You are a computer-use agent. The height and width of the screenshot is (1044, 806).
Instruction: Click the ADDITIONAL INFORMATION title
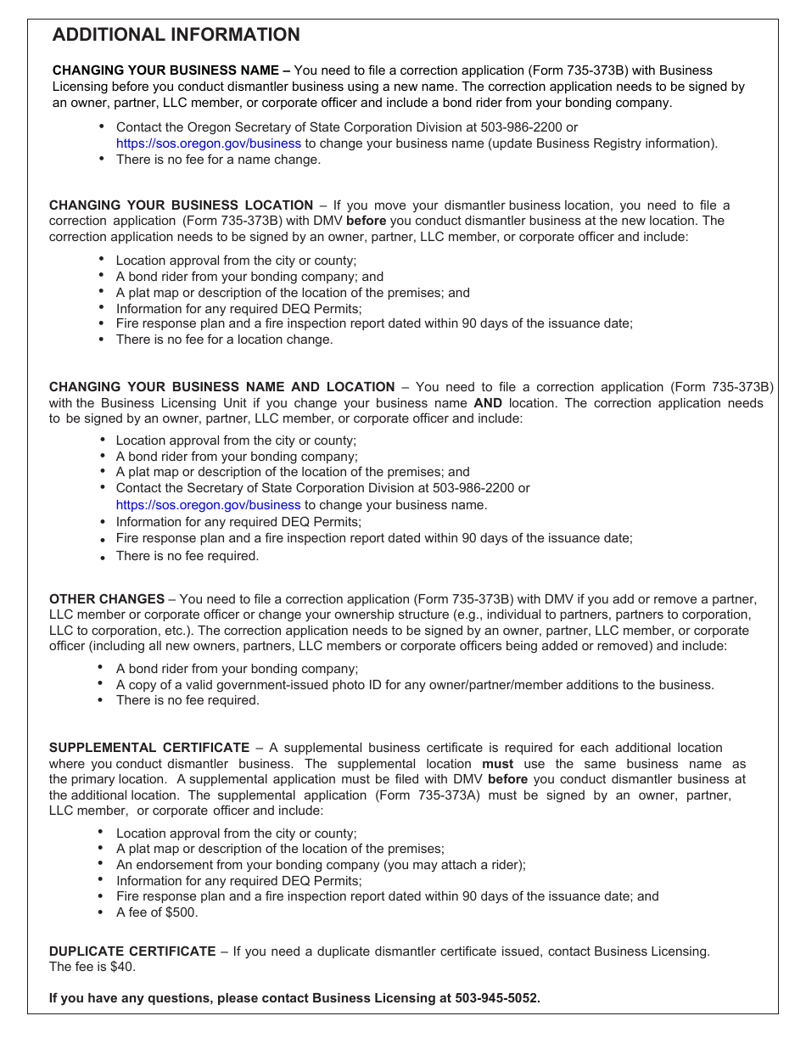click(176, 35)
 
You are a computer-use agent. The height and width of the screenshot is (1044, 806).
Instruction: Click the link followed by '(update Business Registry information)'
click(208, 143)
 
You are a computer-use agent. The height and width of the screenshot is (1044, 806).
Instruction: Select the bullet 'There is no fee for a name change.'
click(218, 160)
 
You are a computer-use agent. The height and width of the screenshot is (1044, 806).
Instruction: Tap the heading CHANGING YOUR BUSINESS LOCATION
click(181, 205)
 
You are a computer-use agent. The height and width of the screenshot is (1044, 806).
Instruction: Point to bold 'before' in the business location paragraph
click(366, 221)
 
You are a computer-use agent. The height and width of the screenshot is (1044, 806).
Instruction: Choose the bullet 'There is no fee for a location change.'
click(224, 340)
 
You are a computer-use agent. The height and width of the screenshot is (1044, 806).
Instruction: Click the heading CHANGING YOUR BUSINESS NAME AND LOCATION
click(221, 387)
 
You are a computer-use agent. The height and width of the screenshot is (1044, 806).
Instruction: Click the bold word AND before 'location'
click(488, 403)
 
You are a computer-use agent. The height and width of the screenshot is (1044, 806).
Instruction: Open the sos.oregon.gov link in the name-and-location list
click(208, 505)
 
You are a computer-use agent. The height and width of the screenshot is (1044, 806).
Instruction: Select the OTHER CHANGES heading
click(107, 599)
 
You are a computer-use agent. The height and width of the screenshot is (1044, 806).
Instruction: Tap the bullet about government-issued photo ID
click(415, 685)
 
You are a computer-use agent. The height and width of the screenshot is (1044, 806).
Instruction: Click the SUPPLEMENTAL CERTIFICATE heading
click(149, 748)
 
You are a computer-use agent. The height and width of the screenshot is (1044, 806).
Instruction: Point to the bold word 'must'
click(497, 764)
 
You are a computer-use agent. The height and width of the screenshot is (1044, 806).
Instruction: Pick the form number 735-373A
click(449, 795)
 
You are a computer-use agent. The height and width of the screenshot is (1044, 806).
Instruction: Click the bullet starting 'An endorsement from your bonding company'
click(321, 865)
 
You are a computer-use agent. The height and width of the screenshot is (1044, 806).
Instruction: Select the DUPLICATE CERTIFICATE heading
click(132, 951)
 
